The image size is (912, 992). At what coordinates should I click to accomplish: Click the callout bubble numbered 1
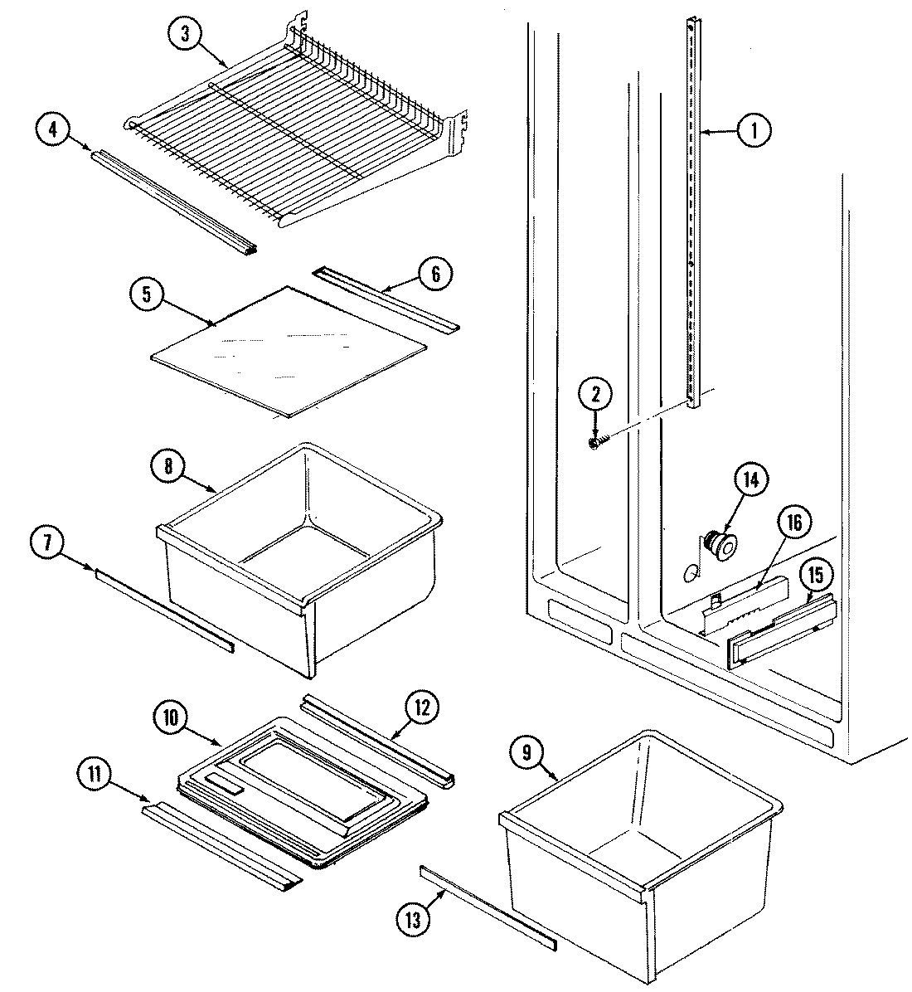[x=754, y=130]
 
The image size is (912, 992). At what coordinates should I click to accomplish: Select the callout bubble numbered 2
[x=595, y=396]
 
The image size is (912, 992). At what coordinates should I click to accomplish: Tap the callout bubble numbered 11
[x=95, y=776]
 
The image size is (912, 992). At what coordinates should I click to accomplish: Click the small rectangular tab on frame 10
[x=223, y=783]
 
